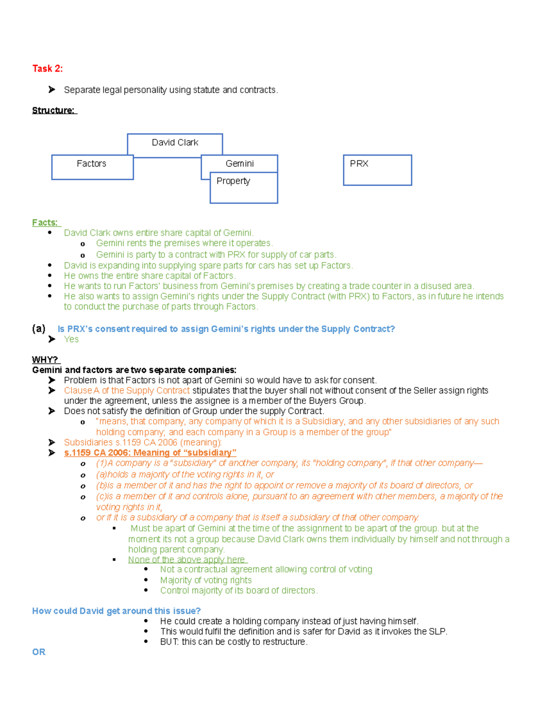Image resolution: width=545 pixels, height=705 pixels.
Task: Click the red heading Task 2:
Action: coord(47,69)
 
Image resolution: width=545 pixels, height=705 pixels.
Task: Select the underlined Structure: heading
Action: coord(54,110)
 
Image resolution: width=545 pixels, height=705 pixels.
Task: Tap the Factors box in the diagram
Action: coord(92,167)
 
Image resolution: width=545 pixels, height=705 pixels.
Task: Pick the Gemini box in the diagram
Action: coord(239,163)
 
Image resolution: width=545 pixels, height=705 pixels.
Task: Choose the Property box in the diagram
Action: coord(243,188)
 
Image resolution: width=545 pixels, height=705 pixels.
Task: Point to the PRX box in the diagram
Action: coord(377,170)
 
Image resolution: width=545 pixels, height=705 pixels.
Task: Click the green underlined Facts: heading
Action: coord(45,222)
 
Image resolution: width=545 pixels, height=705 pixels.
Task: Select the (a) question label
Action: coord(39,329)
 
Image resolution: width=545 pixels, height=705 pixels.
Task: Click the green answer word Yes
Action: coord(71,339)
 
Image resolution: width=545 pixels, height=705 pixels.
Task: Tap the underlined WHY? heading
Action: coord(45,360)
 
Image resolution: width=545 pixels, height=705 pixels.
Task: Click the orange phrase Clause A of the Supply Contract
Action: coord(127,390)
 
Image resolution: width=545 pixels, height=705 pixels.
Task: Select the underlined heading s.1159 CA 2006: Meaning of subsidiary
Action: coord(150,453)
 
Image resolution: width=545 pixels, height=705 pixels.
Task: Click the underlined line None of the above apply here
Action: coord(187,559)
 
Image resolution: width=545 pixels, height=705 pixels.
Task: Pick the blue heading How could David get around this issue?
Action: coord(116,611)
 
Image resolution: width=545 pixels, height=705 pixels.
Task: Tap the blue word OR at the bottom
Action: coord(39,652)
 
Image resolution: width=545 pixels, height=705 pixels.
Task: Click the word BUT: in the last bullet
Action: coord(169,641)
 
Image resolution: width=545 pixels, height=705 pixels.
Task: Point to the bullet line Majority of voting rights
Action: coord(206,580)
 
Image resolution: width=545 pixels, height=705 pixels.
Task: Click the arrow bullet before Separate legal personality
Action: coord(52,90)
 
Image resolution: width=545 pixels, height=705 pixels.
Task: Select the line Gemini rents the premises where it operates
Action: coord(184,243)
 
